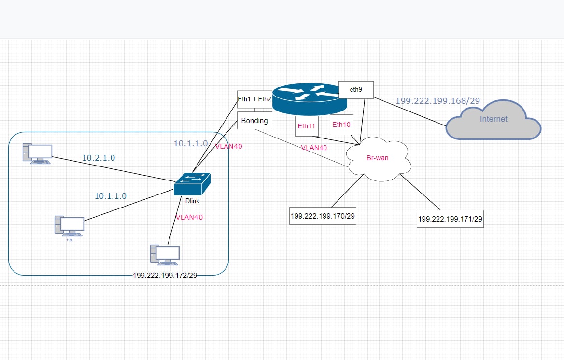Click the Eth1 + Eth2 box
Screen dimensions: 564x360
click(x=254, y=99)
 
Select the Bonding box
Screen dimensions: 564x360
click(x=254, y=121)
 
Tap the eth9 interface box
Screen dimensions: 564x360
click(x=356, y=90)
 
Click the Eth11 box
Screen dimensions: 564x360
click(x=307, y=126)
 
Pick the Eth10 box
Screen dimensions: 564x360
click(x=341, y=125)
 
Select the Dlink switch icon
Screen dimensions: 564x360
click(x=192, y=184)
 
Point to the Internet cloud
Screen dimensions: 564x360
click(x=493, y=120)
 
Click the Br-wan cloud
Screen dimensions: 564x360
click(x=378, y=159)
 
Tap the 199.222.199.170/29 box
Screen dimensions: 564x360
click(x=323, y=216)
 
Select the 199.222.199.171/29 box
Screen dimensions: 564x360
click(x=450, y=219)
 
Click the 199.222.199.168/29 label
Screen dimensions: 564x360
click(x=438, y=101)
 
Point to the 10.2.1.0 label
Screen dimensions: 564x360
click(x=99, y=158)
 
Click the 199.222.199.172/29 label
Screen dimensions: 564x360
click(x=165, y=276)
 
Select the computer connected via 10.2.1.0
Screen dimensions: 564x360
click(x=37, y=154)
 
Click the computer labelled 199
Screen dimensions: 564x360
click(x=69, y=226)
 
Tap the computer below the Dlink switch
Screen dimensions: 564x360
click(x=165, y=255)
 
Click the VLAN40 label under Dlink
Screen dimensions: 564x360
click(x=189, y=217)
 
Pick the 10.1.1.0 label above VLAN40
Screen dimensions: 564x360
click(x=191, y=143)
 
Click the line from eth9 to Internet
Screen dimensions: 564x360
click(x=410, y=111)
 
